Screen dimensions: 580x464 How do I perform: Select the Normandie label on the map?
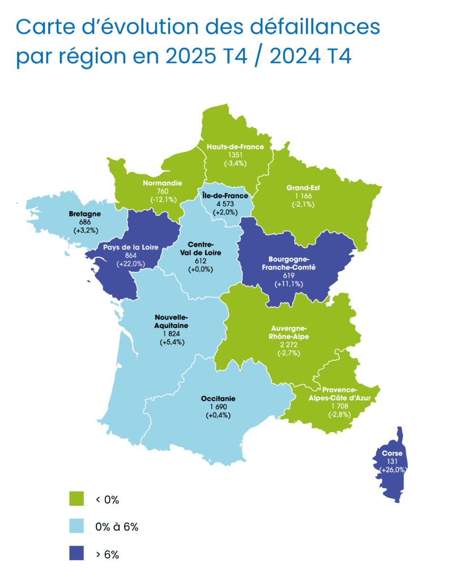(163, 184)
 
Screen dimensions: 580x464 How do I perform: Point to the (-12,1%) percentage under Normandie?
(163, 199)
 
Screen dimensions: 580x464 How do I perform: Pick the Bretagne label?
(85, 214)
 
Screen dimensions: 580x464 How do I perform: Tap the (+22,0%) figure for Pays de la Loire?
(131, 264)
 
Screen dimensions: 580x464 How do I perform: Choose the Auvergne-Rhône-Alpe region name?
(289, 332)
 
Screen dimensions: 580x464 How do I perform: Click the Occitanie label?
(218, 399)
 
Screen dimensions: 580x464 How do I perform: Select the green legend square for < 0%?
(76, 499)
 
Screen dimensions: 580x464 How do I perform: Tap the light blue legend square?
(76, 526)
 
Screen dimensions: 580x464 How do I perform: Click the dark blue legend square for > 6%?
(76, 554)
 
